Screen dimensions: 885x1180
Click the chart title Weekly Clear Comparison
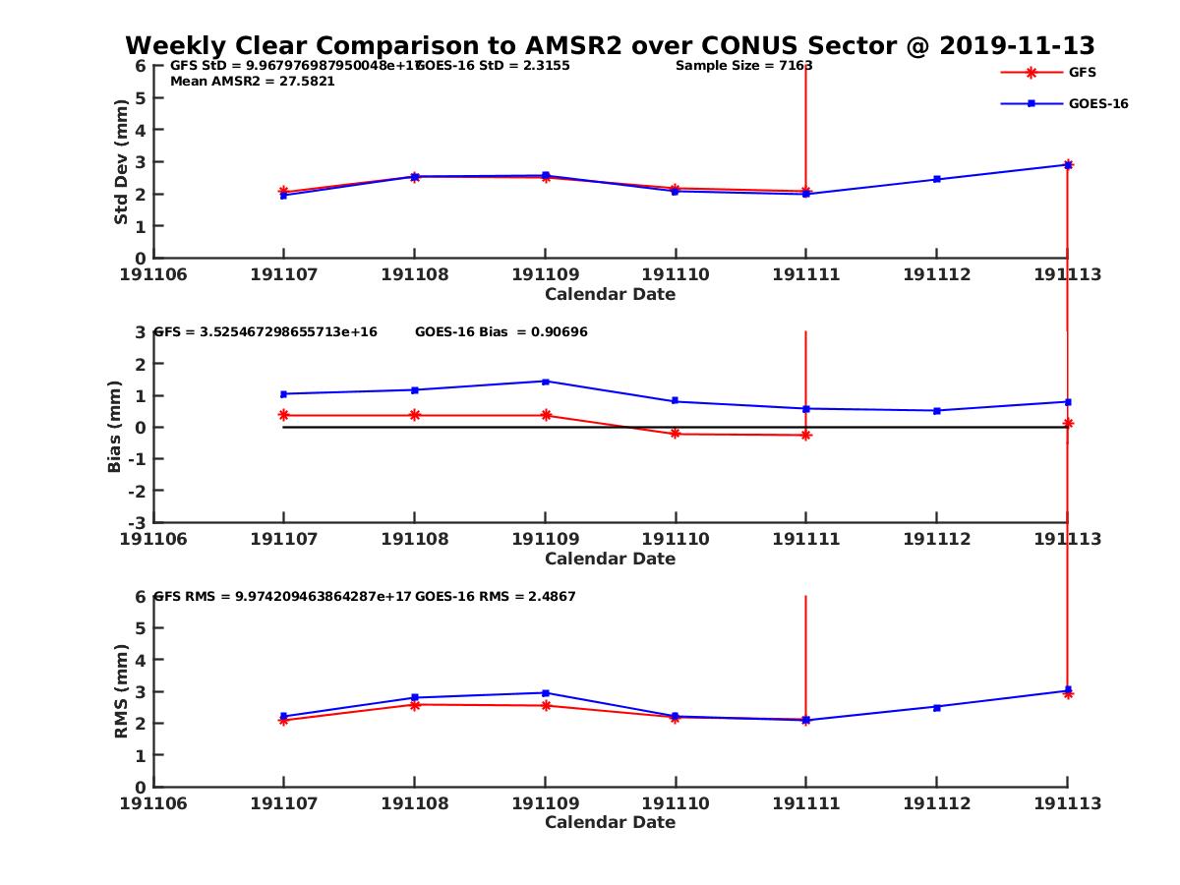(x=610, y=46)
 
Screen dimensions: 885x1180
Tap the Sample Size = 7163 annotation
(x=743, y=66)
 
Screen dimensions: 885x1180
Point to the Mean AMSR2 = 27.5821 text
(x=253, y=82)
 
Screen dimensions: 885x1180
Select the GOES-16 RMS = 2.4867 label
(x=496, y=597)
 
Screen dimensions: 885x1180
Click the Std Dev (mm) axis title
(x=121, y=162)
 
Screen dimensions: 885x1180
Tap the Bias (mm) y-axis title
(x=115, y=428)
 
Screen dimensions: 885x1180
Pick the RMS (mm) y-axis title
(x=121, y=691)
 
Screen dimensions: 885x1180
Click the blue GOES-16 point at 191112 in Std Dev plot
(x=937, y=179)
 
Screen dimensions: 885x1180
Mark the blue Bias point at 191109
(x=546, y=382)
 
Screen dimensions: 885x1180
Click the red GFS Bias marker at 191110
(x=676, y=434)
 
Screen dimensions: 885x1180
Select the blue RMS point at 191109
(x=546, y=693)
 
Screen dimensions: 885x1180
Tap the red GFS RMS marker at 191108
(x=415, y=704)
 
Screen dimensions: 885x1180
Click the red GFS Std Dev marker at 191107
(x=283, y=192)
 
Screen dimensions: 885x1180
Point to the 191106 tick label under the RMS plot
(x=154, y=803)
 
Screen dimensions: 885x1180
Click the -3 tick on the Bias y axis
(x=140, y=522)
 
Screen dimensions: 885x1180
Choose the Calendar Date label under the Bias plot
(x=610, y=559)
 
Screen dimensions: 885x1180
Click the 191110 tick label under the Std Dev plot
(x=676, y=274)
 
